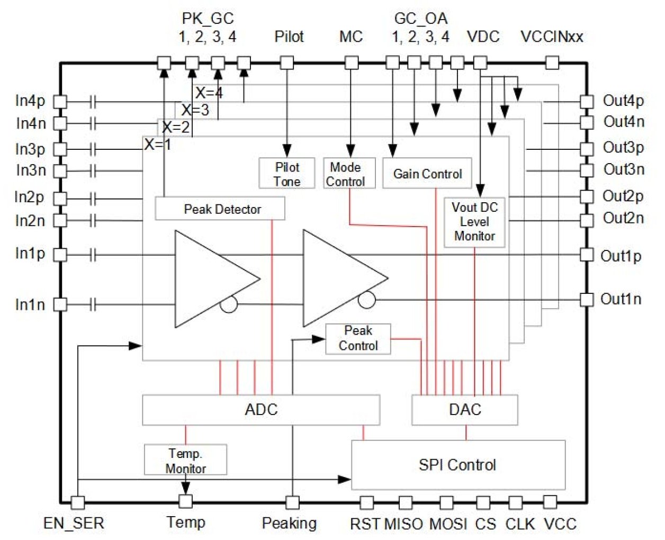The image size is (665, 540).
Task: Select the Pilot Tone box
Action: pyautogui.click(x=287, y=174)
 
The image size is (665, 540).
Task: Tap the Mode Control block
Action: pyautogui.click(x=349, y=174)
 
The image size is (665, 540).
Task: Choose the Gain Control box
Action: pyautogui.click(x=427, y=174)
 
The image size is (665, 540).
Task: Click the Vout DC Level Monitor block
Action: pyautogui.click(x=474, y=222)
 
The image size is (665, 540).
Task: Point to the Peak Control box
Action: pyautogui.click(x=358, y=338)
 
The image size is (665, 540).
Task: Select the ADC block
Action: pyautogui.click(x=261, y=409)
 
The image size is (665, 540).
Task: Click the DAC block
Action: pyautogui.click(x=465, y=409)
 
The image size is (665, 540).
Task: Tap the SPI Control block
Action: pyautogui.click(x=458, y=465)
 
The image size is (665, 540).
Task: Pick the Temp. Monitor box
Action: pyautogui.click(x=185, y=460)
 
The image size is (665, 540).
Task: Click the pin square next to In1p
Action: pyautogui.click(x=60, y=255)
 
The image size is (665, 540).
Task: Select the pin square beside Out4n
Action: pyautogui.click(x=587, y=122)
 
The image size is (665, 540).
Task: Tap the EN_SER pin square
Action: pyautogui.click(x=78, y=502)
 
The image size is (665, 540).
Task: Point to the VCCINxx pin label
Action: pyautogui.click(x=552, y=37)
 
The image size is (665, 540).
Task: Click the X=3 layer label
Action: pyautogui.click(x=195, y=110)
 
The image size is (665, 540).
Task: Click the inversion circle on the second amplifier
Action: pyautogui.click(x=366, y=300)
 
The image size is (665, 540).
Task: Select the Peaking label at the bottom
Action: pyautogui.click(x=289, y=524)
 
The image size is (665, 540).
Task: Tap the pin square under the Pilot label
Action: pyautogui.click(x=287, y=63)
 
